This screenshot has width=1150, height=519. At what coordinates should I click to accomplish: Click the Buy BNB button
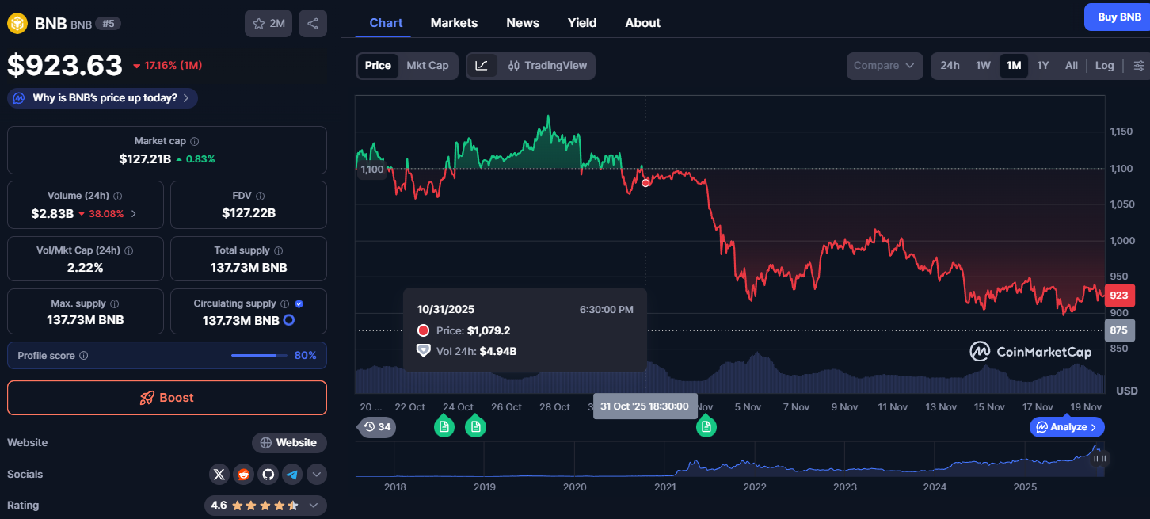pyautogui.click(x=1118, y=17)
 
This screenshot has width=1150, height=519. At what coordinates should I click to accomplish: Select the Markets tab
pyautogui.click(x=454, y=23)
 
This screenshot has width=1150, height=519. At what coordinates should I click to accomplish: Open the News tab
pyautogui.click(x=523, y=23)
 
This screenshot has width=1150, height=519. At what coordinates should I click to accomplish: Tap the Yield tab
pyautogui.click(x=582, y=23)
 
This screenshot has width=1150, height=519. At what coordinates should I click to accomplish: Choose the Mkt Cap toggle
pyautogui.click(x=428, y=66)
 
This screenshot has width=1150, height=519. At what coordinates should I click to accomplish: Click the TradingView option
pyautogui.click(x=547, y=66)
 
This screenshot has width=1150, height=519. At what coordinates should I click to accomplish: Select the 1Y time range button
pyautogui.click(x=1043, y=66)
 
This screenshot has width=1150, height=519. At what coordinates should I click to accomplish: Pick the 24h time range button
pyautogui.click(x=950, y=66)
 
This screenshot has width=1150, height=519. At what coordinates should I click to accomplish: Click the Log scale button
pyautogui.click(x=1104, y=66)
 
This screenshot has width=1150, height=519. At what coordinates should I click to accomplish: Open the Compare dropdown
pyautogui.click(x=885, y=66)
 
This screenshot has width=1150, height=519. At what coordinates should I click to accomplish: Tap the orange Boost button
pyautogui.click(x=167, y=398)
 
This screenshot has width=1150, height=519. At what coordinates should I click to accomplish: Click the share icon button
pyautogui.click(x=313, y=24)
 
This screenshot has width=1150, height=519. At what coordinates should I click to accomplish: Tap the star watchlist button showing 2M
pyautogui.click(x=268, y=24)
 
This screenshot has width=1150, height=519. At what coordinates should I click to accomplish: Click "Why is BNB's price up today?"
pyautogui.click(x=103, y=98)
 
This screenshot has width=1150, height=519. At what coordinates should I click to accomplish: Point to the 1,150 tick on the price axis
pyautogui.click(x=1121, y=132)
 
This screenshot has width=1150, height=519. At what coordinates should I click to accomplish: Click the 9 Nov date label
pyautogui.click(x=844, y=407)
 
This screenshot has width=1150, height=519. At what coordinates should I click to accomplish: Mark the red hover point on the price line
pyautogui.click(x=645, y=183)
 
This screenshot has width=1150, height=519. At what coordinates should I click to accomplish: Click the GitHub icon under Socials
pyautogui.click(x=268, y=475)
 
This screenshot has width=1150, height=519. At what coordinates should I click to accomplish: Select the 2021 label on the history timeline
pyautogui.click(x=665, y=487)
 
